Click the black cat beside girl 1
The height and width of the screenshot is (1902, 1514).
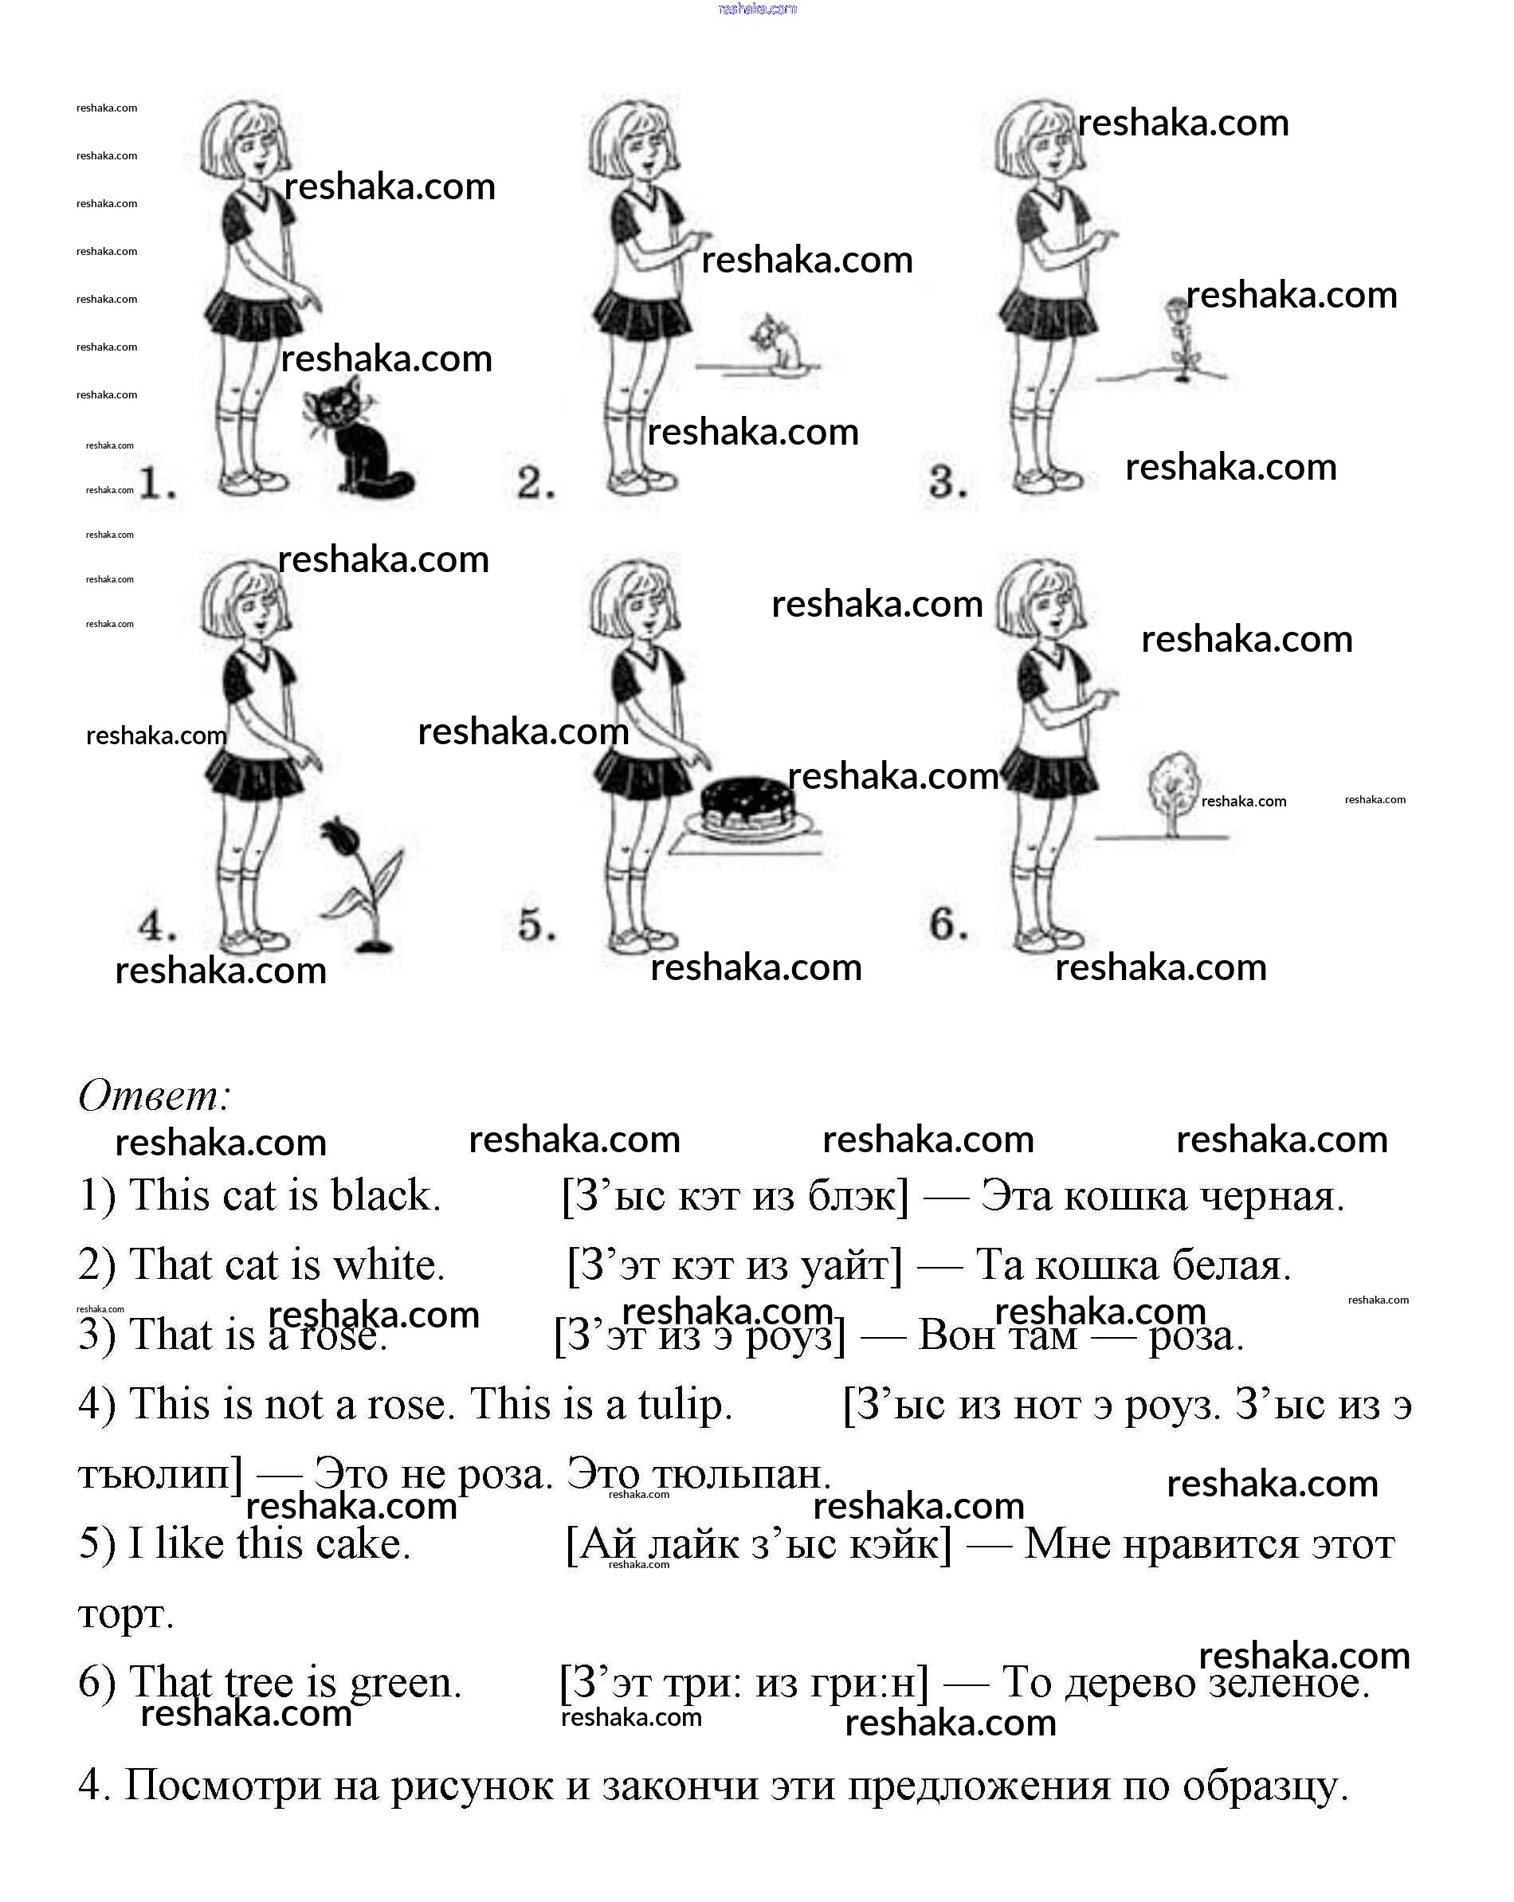tap(357, 441)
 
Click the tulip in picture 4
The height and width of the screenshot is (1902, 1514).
tap(362, 882)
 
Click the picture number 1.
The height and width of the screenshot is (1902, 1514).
tap(157, 483)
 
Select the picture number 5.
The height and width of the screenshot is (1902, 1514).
tap(536, 925)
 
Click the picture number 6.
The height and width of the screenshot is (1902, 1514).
tap(947, 924)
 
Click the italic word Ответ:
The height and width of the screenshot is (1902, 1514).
tap(155, 1096)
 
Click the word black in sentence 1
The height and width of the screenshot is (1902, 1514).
tap(385, 1196)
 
